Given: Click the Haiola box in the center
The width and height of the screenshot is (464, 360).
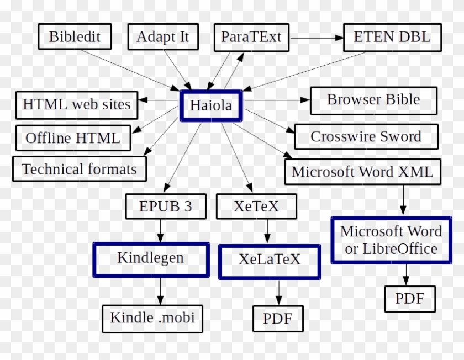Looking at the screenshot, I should tap(211, 105).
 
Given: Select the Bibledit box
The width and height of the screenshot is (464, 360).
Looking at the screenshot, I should tap(75, 37).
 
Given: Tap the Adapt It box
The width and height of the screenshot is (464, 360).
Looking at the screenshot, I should tap(162, 37).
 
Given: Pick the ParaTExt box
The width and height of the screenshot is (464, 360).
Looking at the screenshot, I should tap(251, 37).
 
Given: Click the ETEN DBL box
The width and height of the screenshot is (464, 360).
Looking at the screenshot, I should tap(392, 38).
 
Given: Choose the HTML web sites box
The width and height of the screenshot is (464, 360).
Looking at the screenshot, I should tap(77, 104).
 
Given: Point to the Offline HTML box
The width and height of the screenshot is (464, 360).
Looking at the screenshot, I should tap(73, 138).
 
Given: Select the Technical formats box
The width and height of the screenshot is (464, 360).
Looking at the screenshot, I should tap(80, 169).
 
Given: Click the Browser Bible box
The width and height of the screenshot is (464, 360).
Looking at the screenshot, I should tap(373, 100).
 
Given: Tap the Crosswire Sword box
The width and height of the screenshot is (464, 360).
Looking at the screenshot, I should tap(366, 137).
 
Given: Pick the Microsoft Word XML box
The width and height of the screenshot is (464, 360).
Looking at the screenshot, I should tap(363, 172).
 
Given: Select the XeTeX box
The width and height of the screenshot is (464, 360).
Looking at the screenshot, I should tap(256, 207).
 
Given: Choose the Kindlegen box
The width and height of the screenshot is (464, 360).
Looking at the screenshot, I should tap(151, 258).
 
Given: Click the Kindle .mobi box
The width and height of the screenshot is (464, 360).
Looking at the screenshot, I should tap(152, 318).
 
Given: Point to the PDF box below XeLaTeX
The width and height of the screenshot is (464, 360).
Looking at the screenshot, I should tap(278, 319).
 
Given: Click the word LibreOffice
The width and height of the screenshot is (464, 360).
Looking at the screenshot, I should tap(400, 249).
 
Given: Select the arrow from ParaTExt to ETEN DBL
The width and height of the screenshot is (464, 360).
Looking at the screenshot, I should tap(317, 38).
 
